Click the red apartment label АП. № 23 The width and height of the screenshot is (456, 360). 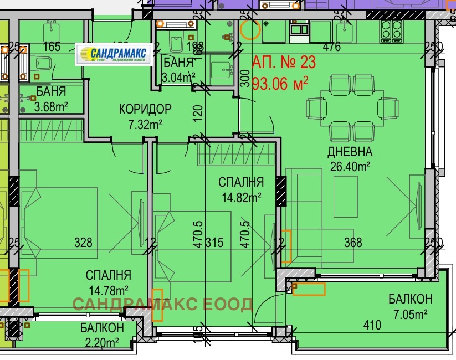[x=284, y=63]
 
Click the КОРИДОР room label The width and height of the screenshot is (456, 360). [x=145, y=109]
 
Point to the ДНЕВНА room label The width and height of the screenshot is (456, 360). [x=350, y=151]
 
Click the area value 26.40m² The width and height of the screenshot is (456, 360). [x=350, y=165]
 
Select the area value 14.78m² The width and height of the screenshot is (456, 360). [x=108, y=289]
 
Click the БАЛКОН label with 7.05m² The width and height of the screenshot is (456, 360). [x=410, y=300]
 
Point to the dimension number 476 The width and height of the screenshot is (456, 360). [x=331, y=47]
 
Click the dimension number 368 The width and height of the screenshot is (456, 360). [x=352, y=242]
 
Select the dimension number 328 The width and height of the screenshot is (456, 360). [x=83, y=242]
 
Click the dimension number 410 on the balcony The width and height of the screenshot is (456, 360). [x=372, y=325]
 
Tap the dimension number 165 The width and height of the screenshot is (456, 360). [x=51, y=47]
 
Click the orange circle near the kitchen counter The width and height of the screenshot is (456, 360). [x=251, y=29]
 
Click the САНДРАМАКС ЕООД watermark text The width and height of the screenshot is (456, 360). [x=162, y=304]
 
